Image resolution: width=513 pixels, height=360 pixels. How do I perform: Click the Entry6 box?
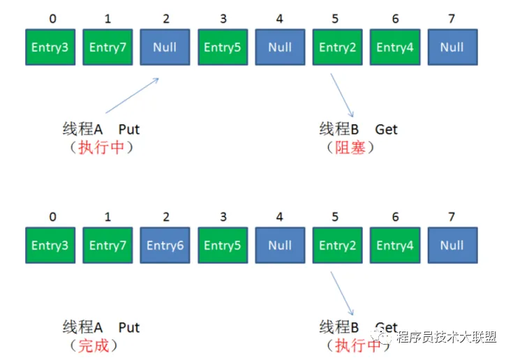[165, 245]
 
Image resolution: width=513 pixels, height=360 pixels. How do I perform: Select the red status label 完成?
[93, 345]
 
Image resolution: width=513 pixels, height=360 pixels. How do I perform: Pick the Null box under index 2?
[165, 47]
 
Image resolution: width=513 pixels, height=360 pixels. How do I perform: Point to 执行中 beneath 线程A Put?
[102, 147]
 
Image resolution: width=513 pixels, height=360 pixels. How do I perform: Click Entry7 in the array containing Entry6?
[107, 245]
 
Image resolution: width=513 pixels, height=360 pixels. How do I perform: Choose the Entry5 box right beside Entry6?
[223, 245]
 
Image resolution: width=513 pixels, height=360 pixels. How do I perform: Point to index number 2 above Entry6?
[166, 217]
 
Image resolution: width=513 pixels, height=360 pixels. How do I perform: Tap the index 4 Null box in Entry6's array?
[280, 245]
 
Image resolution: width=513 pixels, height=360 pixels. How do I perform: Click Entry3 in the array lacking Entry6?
[50, 47]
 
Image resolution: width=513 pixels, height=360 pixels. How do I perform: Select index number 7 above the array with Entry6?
[452, 217]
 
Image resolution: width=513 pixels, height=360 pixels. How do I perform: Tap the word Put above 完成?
[129, 327]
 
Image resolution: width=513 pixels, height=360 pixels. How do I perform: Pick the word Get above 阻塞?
[386, 129]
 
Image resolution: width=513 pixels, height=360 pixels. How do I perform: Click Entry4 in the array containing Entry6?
[395, 245]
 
